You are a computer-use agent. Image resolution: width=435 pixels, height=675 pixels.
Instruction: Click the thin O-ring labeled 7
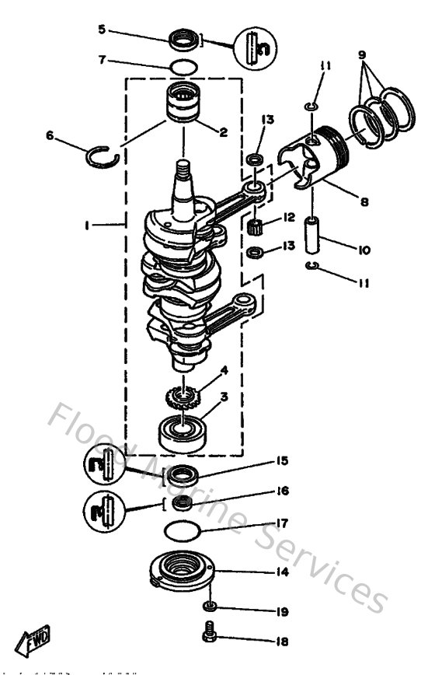click(183, 68)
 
